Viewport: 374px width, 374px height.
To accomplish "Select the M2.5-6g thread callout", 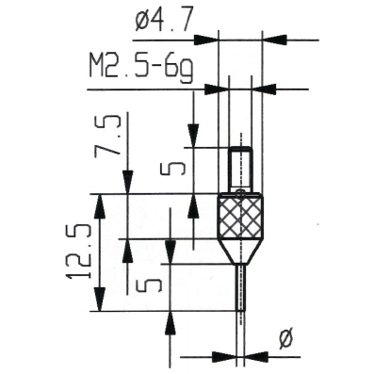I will pos(139,67).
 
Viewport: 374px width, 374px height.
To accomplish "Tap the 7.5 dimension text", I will pos(114,140).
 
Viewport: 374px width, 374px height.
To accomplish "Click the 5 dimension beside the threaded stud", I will pos(171,171).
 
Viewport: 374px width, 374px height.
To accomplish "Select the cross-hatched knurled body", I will pos(241,218).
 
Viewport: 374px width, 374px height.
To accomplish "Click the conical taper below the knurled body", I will pos(241,252).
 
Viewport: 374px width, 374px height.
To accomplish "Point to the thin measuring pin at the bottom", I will pos(241,287).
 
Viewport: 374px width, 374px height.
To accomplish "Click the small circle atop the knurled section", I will pos(241,193).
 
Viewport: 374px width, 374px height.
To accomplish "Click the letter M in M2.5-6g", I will pos(97,67).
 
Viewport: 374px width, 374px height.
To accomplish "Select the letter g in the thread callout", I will pos(187,69).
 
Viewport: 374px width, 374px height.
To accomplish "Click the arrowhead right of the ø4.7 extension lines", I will pos(274,41).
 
